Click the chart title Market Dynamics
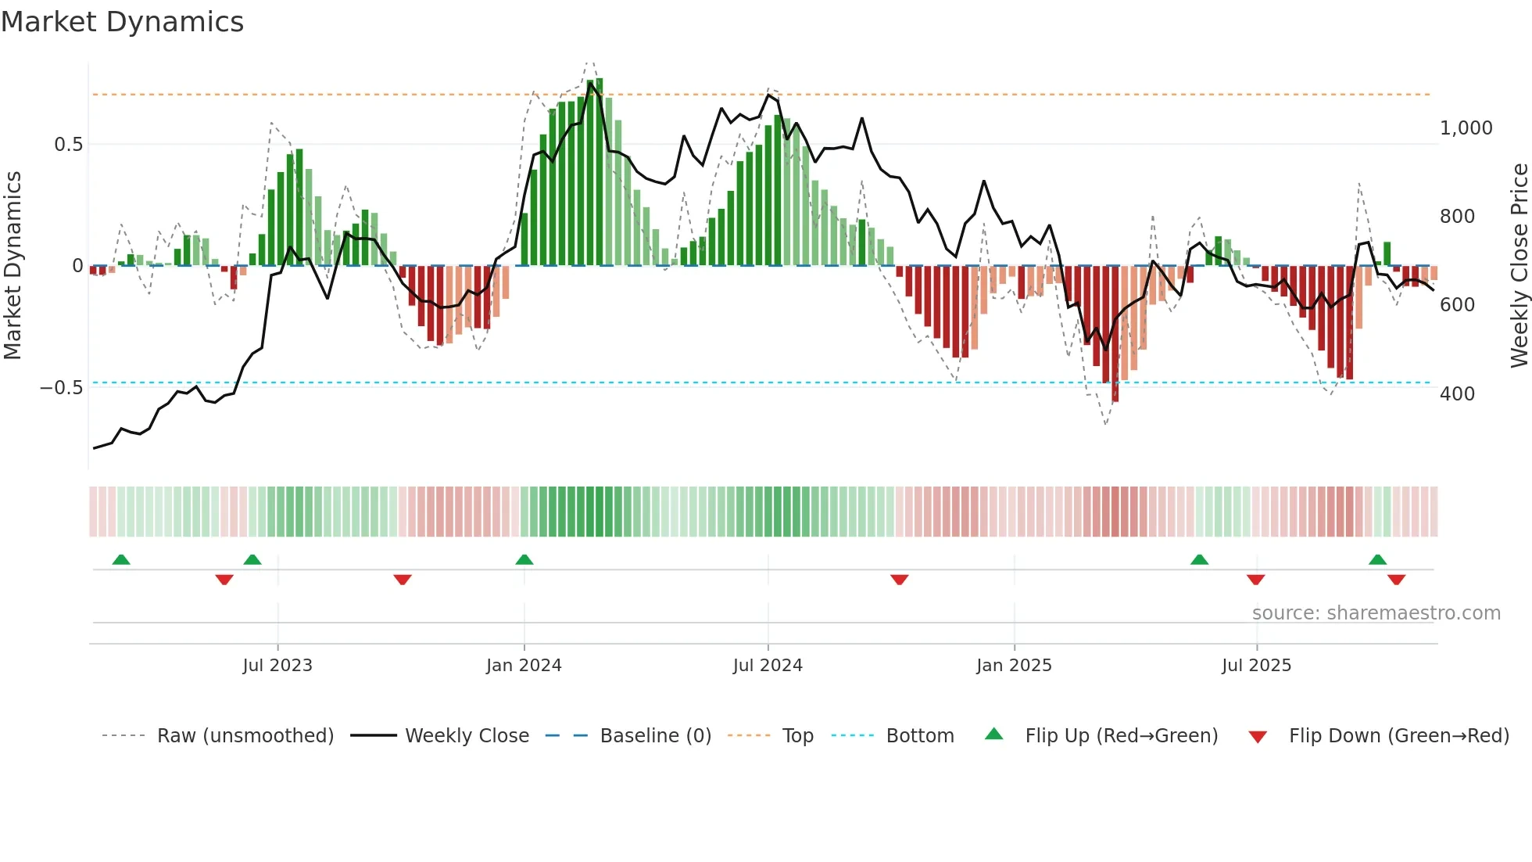point(122,22)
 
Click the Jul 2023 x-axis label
point(277,666)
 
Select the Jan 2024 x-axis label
point(524,666)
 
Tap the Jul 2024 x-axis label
point(768,666)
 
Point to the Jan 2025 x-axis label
point(1014,666)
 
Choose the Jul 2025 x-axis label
point(1257,666)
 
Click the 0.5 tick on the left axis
point(68,145)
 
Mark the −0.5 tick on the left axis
point(62,388)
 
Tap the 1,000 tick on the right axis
point(1466,128)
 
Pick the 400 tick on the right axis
point(1457,393)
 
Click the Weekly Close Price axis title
point(1519,266)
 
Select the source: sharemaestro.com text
point(1376,613)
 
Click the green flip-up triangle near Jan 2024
point(524,560)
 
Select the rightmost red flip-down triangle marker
point(1397,580)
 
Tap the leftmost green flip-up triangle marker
point(121,560)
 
